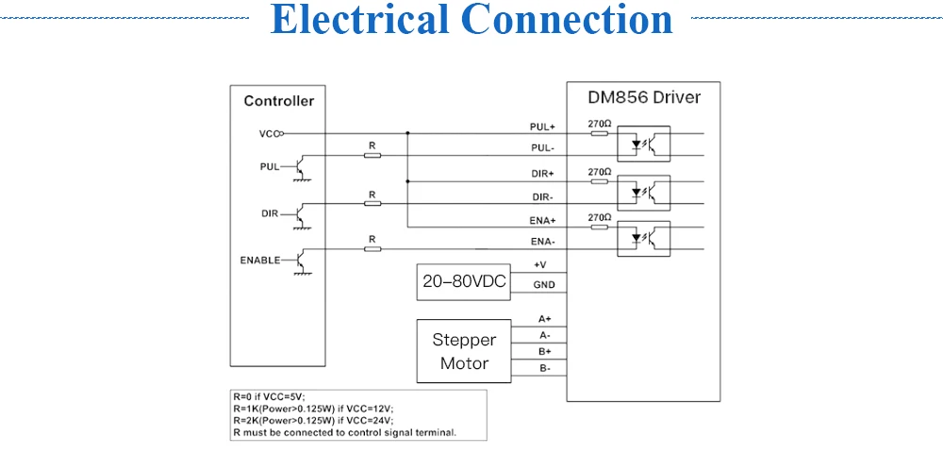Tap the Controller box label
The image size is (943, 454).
click(278, 101)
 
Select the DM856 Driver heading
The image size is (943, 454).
click(643, 97)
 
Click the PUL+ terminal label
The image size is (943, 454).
click(542, 127)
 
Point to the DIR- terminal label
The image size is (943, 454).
click(543, 197)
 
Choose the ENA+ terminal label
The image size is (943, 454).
click(542, 221)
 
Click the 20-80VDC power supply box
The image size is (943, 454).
click(464, 282)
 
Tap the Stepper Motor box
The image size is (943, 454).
click(464, 351)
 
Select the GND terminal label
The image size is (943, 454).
click(544, 285)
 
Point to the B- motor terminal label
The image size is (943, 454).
click(545, 368)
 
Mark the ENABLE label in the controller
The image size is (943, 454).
click(260, 261)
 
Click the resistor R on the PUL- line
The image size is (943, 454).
click(372, 156)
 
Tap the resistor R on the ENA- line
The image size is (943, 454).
click(372, 248)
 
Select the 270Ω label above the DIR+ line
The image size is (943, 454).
click(600, 172)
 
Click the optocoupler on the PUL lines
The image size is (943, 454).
click(643, 144)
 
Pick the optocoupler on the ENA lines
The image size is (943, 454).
click(643, 239)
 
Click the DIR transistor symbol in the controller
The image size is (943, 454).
click(302, 214)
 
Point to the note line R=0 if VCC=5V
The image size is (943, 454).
click(270, 396)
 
